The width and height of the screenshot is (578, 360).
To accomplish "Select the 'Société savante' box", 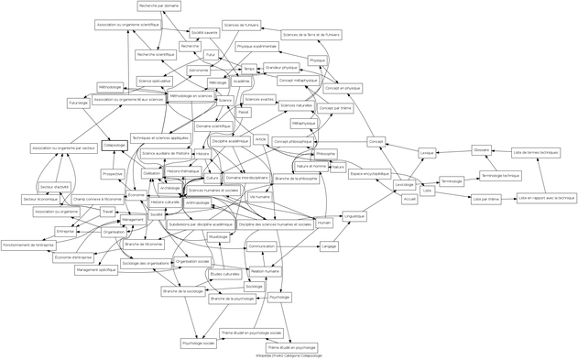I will pos(204,32).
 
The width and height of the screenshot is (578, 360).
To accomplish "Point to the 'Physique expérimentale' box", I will pos(256,46).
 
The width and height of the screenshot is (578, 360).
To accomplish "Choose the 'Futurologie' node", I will pos(78,103).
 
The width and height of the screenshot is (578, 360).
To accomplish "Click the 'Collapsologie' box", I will pos(114,145).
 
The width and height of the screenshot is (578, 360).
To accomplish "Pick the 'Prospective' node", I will pos(113,173).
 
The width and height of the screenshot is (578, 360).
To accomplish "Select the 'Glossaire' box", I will pos(482,149).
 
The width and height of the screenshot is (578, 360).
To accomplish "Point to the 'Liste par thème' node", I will pos(486,198).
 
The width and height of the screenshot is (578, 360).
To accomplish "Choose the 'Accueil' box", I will pos(409,198).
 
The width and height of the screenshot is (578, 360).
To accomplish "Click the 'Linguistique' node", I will pos(354,217).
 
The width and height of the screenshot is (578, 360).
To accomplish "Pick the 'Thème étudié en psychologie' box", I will pos(291,347).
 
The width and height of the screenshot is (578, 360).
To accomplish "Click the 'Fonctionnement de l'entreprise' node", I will pos(29,245).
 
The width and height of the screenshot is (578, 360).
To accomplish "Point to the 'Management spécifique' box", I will pos(95,269).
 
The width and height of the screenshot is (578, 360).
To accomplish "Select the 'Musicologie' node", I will pos(218,236).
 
